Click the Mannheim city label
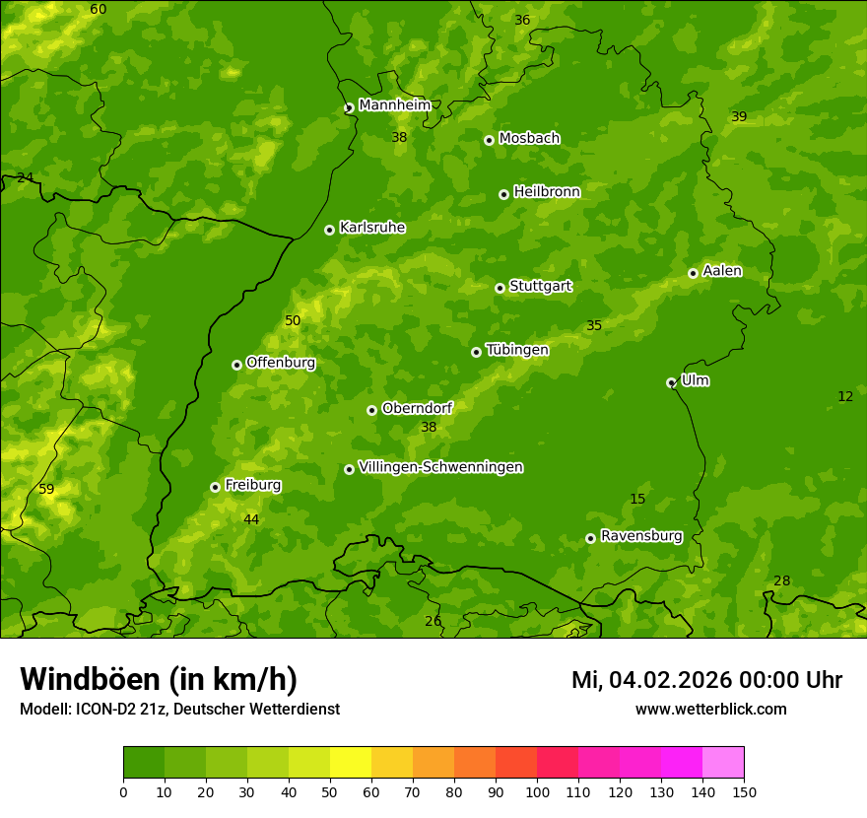[394, 105]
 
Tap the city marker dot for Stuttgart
[500, 288]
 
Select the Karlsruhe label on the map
[371, 228]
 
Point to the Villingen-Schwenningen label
[440, 467]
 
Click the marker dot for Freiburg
[215, 487]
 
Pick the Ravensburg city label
[640, 536]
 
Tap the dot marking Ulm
[671, 382]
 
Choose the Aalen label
[721, 271]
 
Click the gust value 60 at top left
[99, 9]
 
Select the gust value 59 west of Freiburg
[46, 489]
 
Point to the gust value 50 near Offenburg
[293, 320]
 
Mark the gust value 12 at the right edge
[845, 396]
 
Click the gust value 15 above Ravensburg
[637, 499]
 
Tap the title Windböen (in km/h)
[159, 679]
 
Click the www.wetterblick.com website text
[710, 709]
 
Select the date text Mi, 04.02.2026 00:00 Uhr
[706, 680]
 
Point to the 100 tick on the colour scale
[537, 791]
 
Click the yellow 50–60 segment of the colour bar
[351, 762]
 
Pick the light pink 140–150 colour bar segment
[723, 762]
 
